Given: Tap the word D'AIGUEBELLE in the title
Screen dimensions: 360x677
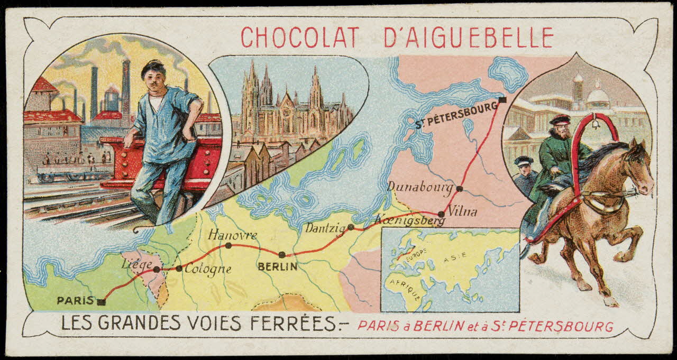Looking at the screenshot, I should tap(459, 38).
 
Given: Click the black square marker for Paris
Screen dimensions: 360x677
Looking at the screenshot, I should tap(102, 302).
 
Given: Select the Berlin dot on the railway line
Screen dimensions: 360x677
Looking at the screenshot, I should tap(282, 254).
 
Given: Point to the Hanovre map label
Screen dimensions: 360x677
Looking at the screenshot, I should tap(233, 235).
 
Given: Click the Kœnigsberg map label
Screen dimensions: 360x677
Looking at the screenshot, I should tap(410, 220).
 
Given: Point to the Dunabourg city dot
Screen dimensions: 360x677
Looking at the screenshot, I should tap(460, 188).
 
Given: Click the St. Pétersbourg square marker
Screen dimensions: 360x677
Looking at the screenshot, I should tap(502, 100).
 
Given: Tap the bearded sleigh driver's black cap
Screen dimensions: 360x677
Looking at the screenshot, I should tap(559, 119).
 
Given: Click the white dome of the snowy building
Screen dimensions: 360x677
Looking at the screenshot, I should tap(598, 95).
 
